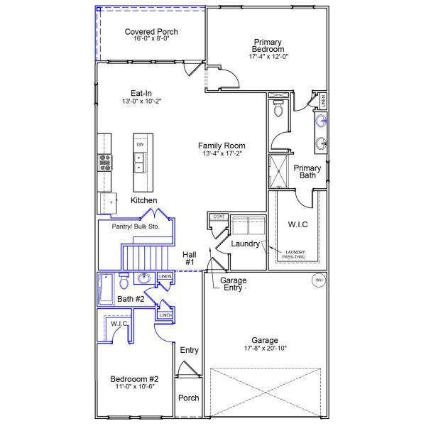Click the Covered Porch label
pos(151,32)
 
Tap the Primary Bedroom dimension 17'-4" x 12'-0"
pos(268,56)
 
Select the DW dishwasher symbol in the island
pos(139,145)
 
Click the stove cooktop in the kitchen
pos(106,163)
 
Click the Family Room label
pos(222,146)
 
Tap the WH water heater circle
pos(319,280)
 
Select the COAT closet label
pos(219,217)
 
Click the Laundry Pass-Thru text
pos(295,253)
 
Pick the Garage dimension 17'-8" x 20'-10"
pos(269,348)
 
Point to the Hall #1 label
pos(190,258)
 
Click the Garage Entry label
pos(234,283)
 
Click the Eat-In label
pos(141,93)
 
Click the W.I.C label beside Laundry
pos(297,225)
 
